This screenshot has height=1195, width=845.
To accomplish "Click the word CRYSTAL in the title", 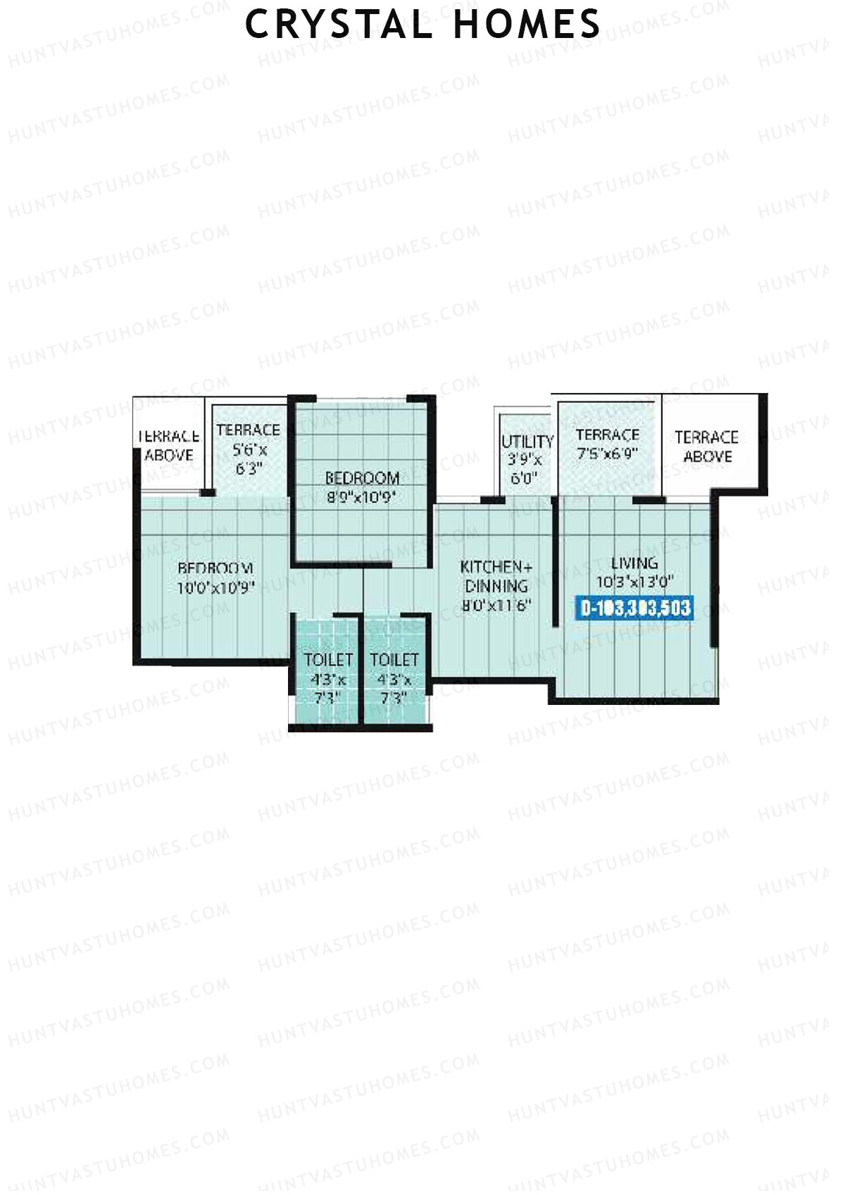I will click(339, 24).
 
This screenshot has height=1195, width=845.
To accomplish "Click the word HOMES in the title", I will click(527, 24).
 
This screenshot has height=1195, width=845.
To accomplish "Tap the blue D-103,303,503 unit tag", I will click(635, 608).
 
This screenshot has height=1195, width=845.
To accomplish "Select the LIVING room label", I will click(634, 563).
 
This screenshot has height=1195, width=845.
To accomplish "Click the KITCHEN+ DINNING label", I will click(496, 576).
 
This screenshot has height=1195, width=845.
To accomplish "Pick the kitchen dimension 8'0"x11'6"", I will click(496, 604).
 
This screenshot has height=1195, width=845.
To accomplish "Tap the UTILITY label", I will click(527, 442).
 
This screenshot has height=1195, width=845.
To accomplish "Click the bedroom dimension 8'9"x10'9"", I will click(362, 497).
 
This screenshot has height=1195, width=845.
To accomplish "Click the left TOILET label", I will click(328, 660).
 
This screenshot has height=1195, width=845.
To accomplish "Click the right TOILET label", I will click(394, 660).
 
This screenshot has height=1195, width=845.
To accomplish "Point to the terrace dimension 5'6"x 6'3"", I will click(248, 458).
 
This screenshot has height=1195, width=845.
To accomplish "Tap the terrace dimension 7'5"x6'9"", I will click(607, 453).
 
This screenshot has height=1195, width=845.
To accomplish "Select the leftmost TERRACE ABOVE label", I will click(168, 446).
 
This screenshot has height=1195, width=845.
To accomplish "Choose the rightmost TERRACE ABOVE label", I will click(706, 446).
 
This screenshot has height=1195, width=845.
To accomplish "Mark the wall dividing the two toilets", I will click(362, 669).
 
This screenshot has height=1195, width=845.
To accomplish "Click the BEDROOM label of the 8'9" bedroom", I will click(362, 479).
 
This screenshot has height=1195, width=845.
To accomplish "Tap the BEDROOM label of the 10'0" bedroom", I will click(215, 568).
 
